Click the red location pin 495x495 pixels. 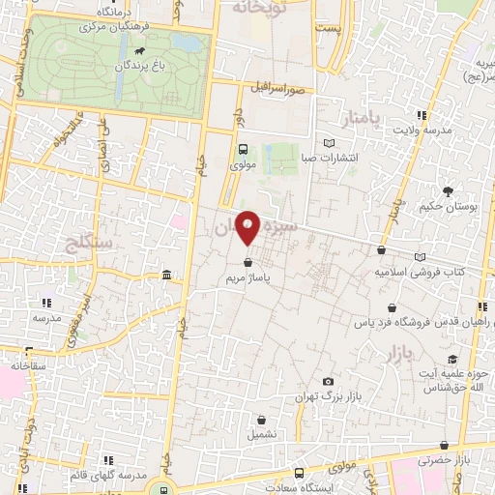coord(248,226)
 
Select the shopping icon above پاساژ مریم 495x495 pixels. coord(248,261)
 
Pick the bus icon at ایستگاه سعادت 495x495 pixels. coord(299,473)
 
